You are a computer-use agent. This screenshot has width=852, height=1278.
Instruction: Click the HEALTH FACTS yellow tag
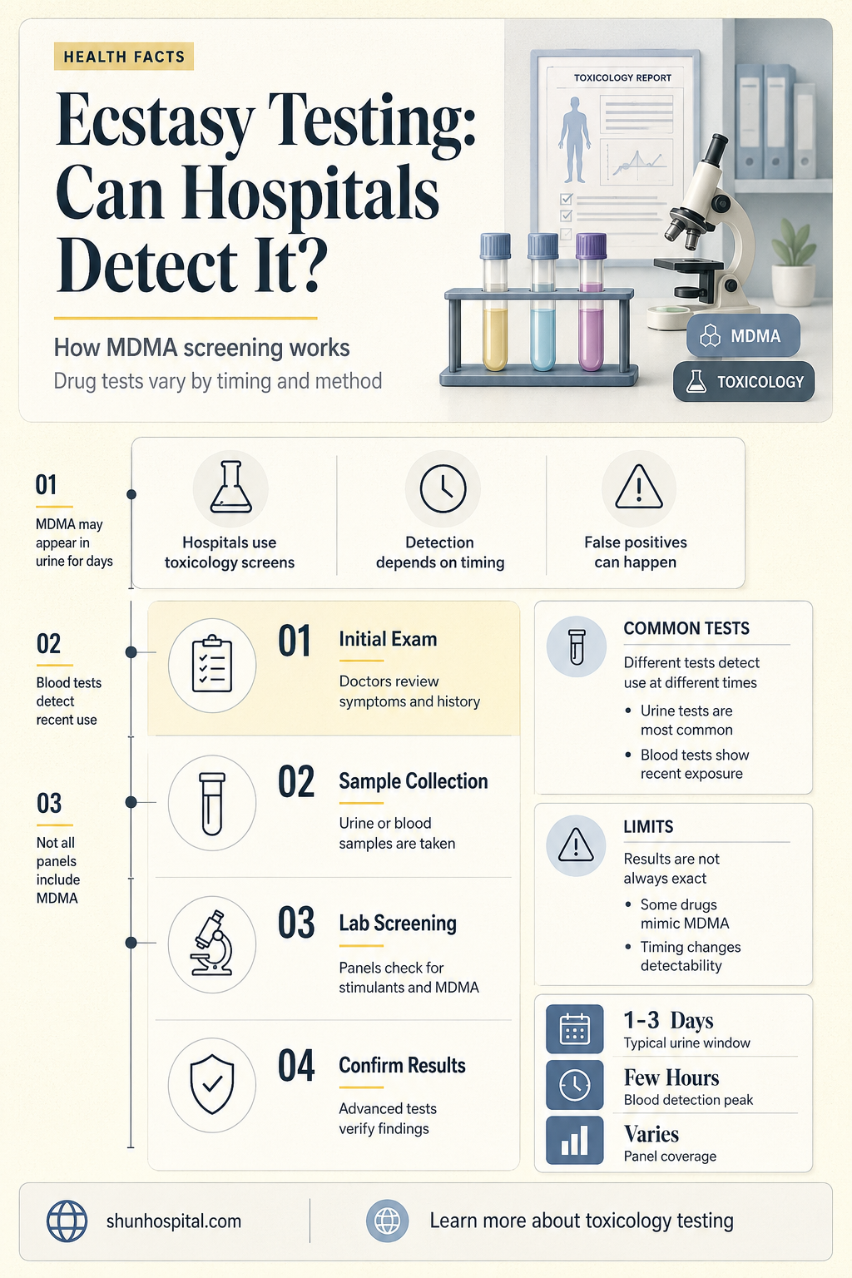(x=124, y=57)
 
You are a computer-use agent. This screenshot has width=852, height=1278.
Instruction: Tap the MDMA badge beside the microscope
(x=743, y=335)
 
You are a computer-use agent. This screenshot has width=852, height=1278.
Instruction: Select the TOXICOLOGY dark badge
(x=744, y=381)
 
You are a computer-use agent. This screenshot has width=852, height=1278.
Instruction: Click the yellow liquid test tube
(x=495, y=302)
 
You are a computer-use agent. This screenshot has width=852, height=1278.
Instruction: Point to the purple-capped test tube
(x=591, y=302)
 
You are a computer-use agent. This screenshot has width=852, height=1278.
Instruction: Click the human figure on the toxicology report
(x=574, y=139)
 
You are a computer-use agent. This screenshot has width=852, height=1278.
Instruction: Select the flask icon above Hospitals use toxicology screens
(x=230, y=488)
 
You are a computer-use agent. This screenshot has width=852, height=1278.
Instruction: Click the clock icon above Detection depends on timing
(x=443, y=488)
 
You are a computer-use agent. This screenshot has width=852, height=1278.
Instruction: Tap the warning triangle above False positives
(x=639, y=487)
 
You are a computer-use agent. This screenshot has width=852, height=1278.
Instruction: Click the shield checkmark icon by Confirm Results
(x=212, y=1084)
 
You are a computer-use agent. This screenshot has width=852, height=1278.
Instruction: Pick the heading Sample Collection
(x=414, y=781)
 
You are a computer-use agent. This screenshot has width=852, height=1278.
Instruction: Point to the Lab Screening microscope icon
(x=212, y=943)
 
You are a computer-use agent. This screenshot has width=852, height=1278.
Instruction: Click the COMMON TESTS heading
(x=686, y=628)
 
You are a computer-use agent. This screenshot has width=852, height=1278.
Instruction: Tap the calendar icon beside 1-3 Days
(x=575, y=1028)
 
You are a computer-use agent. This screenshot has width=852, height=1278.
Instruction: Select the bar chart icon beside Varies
(x=575, y=1140)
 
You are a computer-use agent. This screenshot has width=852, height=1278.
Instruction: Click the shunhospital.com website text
(x=174, y=1221)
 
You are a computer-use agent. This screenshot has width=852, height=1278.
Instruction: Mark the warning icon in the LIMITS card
(x=576, y=845)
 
